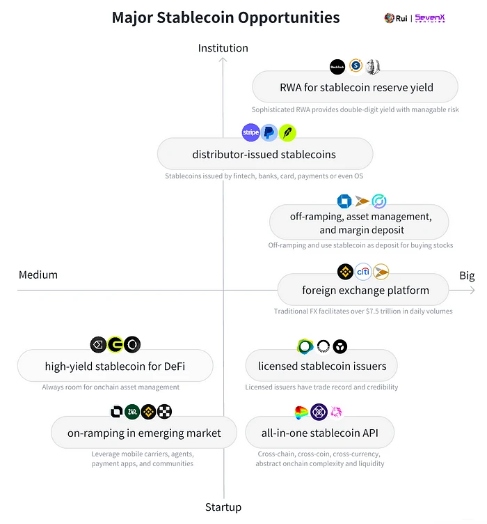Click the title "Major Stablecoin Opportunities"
click(x=225, y=17)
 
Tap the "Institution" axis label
click(x=223, y=48)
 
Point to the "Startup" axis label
click(x=223, y=507)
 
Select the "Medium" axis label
click(x=38, y=275)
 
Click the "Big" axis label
click(x=467, y=275)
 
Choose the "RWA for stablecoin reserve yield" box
click(x=355, y=88)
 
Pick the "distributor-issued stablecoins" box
click(x=264, y=154)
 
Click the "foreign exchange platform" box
click(x=365, y=290)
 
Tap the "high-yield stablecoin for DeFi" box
click(x=115, y=367)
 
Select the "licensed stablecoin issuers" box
click(x=321, y=366)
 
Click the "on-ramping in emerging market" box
click(x=144, y=433)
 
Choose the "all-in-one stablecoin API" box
click(x=320, y=433)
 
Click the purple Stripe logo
click(x=250, y=132)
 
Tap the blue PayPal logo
click(x=269, y=132)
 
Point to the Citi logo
click(x=363, y=271)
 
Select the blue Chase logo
click(x=344, y=201)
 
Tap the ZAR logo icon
click(x=132, y=412)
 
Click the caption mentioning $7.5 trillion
click(x=363, y=311)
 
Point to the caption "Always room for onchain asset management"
click(x=111, y=387)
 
